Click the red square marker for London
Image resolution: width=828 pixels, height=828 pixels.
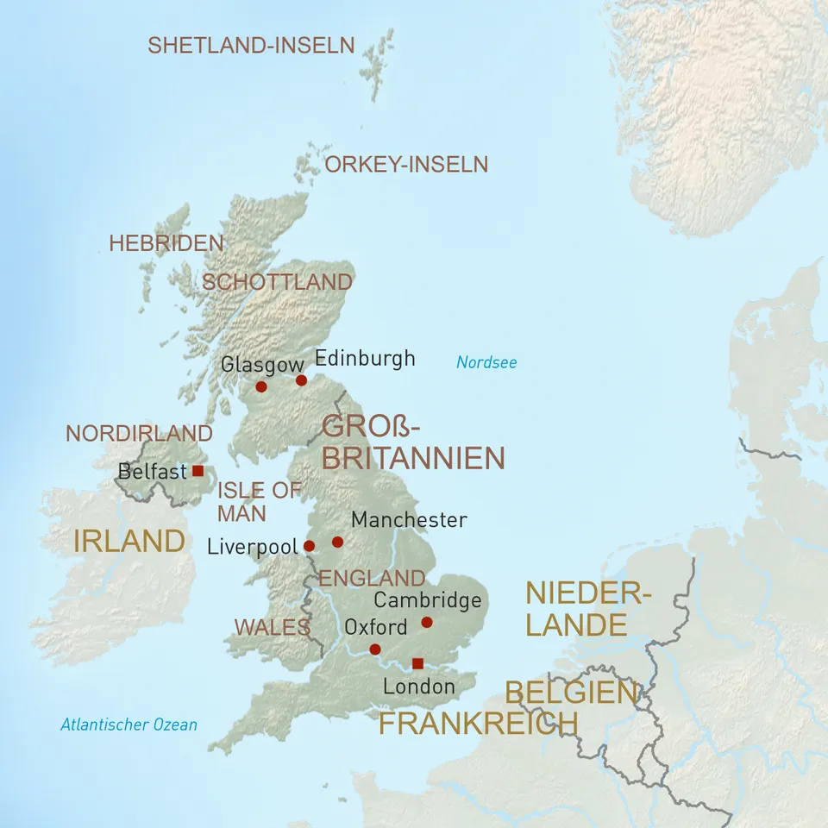point(417,663)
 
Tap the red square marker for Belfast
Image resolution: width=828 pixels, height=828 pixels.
point(198,471)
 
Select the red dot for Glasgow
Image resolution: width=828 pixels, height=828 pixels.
point(261,386)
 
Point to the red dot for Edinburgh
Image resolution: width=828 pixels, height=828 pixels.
point(301,380)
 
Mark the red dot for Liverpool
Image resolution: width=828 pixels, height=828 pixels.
point(309,546)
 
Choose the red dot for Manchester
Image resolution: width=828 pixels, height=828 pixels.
point(337,542)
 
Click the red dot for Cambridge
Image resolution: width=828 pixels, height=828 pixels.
point(426,622)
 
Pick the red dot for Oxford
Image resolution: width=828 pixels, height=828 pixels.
point(375,649)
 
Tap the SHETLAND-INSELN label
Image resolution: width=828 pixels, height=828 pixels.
point(251,46)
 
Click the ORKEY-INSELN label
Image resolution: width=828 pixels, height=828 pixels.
point(406,164)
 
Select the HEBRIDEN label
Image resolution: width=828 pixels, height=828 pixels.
point(166,244)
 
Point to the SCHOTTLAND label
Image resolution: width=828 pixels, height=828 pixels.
point(277,282)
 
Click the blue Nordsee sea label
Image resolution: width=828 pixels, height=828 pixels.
point(486,362)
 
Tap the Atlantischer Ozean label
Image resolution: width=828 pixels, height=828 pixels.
point(129,724)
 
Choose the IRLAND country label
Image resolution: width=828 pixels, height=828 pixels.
point(129,542)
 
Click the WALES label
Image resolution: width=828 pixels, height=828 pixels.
point(272,627)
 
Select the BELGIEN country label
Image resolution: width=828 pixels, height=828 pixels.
point(571,693)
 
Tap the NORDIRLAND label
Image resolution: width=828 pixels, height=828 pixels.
point(139,433)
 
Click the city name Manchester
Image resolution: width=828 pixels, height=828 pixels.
point(409,520)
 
